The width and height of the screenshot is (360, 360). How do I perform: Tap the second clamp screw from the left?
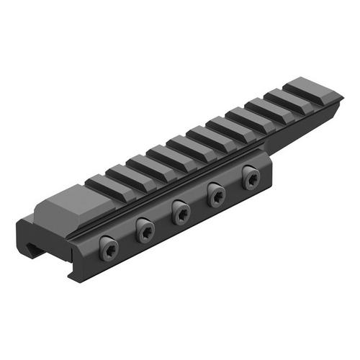[145, 229]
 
